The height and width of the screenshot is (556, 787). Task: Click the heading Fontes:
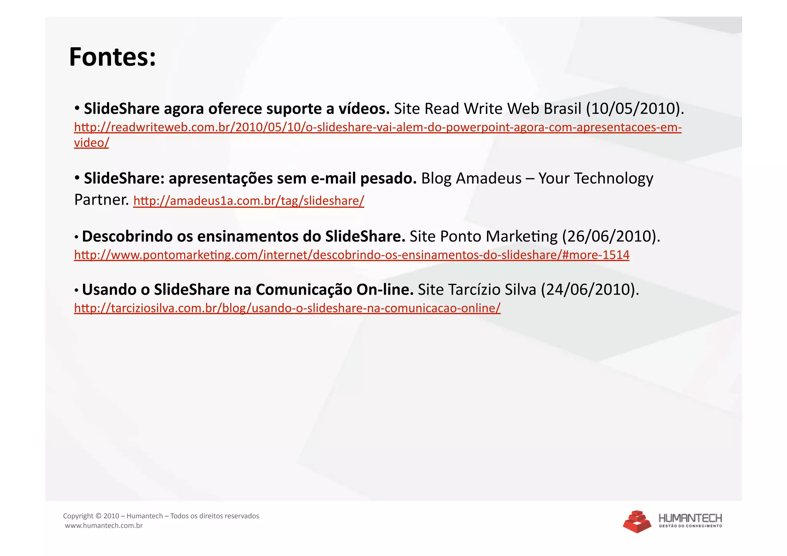click(x=112, y=57)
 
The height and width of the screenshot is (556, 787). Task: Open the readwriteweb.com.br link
click(x=377, y=127)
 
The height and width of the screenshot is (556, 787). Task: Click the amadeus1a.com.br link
click(x=249, y=201)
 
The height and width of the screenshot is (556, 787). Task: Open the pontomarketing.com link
click(x=351, y=255)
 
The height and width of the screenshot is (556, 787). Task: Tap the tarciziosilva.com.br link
click(x=287, y=308)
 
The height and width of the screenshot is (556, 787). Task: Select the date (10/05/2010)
click(x=635, y=109)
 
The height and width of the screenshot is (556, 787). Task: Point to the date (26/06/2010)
click(x=611, y=236)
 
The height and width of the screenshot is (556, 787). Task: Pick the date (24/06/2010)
click(x=590, y=290)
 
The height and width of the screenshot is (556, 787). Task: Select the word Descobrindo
click(x=127, y=236)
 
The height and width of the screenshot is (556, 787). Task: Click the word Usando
click(x=109, y=290)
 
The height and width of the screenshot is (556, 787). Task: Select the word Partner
click(x=101, y=200)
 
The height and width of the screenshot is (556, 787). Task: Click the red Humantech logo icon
click(x=637, y=521)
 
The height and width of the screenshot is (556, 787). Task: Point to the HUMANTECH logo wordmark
click(x=690, y=518)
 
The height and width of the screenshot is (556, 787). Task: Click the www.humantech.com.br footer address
click(x=104, y=526)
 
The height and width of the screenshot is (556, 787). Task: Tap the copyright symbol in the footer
click(x=98, y=516)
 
